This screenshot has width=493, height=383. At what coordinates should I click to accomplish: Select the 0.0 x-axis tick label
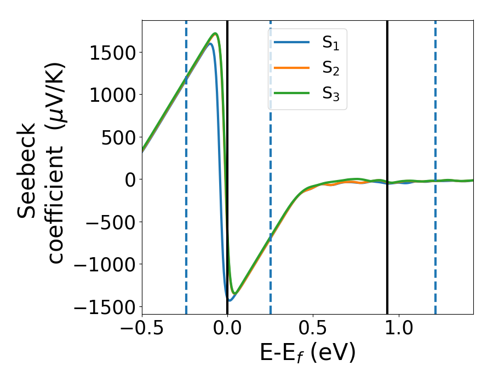coord(227,332)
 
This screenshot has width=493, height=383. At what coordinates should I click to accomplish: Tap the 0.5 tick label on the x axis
coord(313,332)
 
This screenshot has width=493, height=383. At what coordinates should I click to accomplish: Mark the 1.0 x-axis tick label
coord(398,332)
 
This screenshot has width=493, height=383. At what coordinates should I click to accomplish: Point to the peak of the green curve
coord(216,33)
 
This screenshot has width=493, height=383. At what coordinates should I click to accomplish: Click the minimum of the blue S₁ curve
coord(230,300)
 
